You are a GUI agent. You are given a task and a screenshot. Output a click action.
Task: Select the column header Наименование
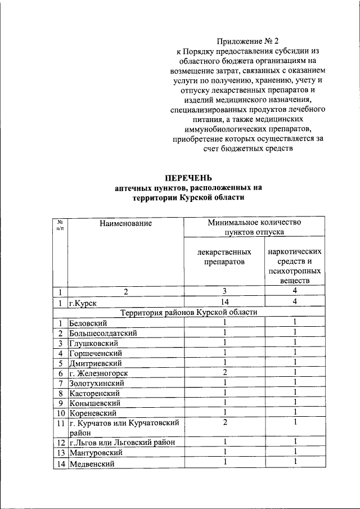[x=126, y=223]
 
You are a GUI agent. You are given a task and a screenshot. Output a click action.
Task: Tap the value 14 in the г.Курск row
[x=224, y=302]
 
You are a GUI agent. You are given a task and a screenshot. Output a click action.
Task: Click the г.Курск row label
[x=83, y=303]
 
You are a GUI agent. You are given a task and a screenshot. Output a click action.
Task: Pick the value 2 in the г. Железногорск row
[x=224, y=372]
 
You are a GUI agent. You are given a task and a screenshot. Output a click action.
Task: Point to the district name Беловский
[x=88, y=323]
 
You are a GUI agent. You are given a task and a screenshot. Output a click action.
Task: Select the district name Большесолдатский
[x=102, y=333]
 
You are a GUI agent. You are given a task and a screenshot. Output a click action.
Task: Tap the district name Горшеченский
[x=95, y=353]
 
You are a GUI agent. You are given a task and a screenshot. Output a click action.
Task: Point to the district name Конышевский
[x=92, y=403]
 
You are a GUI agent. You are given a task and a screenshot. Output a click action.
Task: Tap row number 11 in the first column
[x=61, y=423]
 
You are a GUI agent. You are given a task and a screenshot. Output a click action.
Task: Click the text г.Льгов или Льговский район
[x=122, y=443]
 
